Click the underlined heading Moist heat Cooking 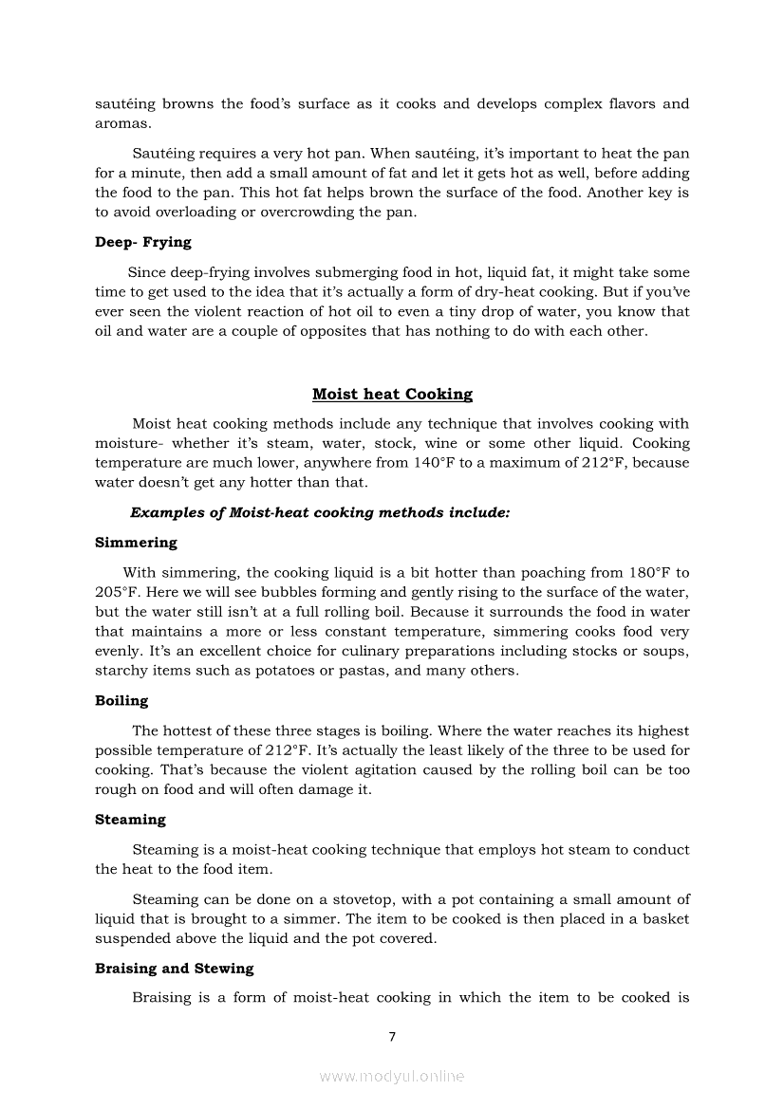pyautogui.click(x=392, y=394)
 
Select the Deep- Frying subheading pyautogui.click(x=142, y=242)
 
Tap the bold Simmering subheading pyautogui.click(x=136, y=543)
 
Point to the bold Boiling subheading pyautogui.click(x=121, y=701)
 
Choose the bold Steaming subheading pyautogui.click(x=130, y=820)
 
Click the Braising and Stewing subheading pyautogui.click(x=175, y=969)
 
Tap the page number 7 pyautogui.click(x=392, y=1036)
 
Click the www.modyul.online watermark pyautogui.click(x=392, y=1076)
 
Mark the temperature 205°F pyautogui.click(x=117, y=592)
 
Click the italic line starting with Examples pyautogui.click(x=320, y=512)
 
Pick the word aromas pyautogui.click(x=121, y=123)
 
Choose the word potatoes pyautogui.click(x=273, y=671)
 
